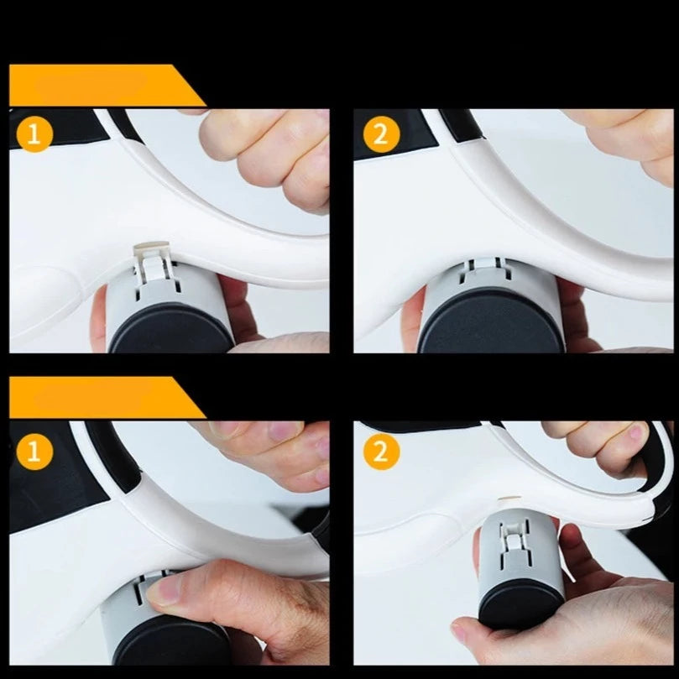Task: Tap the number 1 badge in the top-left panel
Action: click(34, 134)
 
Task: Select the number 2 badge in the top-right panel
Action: click(381, 134)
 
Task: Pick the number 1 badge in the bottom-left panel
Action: click(34, 452)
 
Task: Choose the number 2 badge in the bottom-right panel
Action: click(381, 452)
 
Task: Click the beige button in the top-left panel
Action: click(151, 248)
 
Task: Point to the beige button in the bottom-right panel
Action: click(509, 499)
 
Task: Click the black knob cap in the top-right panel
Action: click(491, 321)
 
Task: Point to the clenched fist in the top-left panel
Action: click(264, 157)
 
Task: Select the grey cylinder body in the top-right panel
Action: click(491, 281)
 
